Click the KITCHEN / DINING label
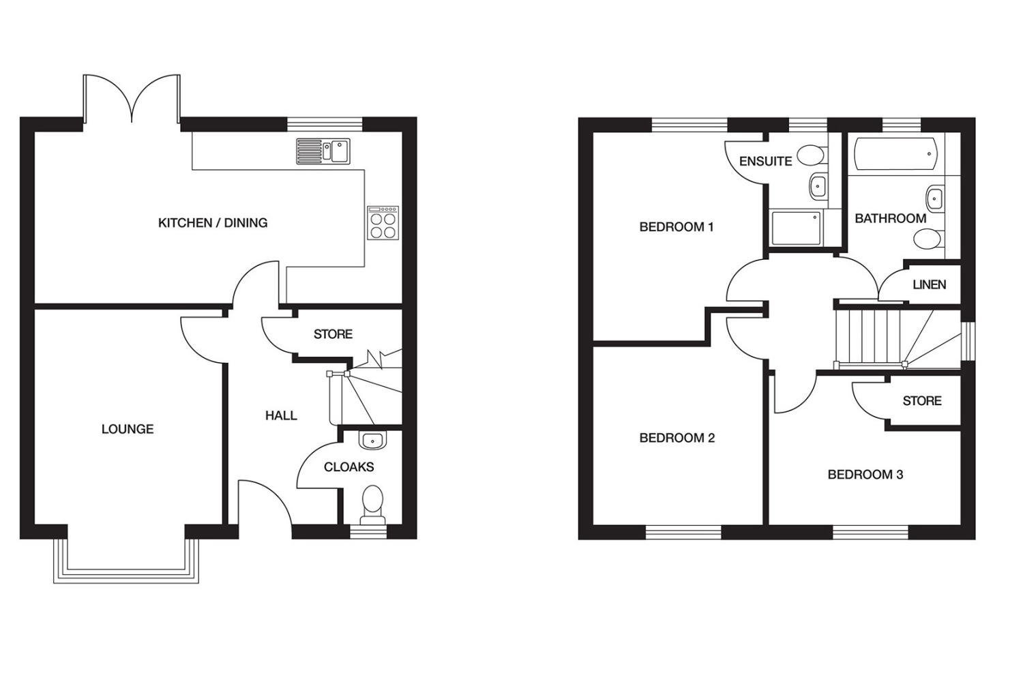[x=213, y=223]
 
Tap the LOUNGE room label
[x=128, y=429]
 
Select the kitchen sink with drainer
[x=323, y=151]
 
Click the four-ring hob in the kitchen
[x=383, y=223]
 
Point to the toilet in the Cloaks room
[x=373, y=504]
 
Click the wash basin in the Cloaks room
[x=372, y=441]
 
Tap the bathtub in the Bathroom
[x=895, y=153]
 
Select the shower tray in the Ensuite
[x=797, y=228]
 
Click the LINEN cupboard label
[x=930, y=284]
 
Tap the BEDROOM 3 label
[x=865, y=475]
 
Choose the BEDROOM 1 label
[x=677, y=226]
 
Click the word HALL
[x=281, y=415]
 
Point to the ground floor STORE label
[x=333, y=334]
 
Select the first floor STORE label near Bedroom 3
[x=922, y=400]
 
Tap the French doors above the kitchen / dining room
[x=132, y=98]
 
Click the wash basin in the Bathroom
[x=934, y=198]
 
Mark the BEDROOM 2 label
[x=677, y=438]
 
